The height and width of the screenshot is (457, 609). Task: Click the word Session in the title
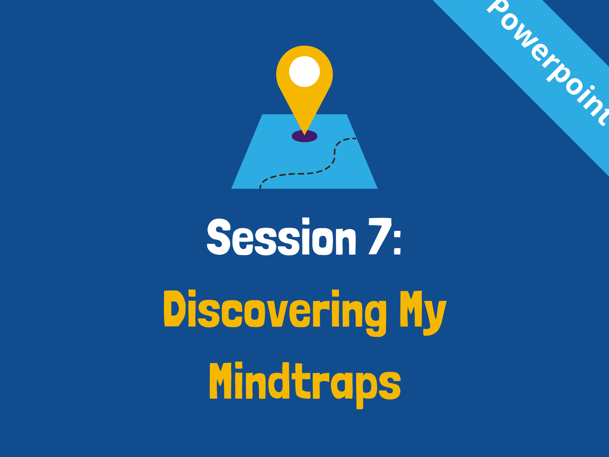coord(281,236)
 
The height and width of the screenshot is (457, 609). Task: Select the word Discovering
coord(275,313)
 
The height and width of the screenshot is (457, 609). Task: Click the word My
coord(423,313)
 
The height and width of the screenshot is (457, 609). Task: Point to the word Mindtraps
coord(305,385)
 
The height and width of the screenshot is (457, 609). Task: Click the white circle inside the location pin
coord(304,71)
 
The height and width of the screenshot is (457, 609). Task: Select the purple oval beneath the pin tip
coord(304,136)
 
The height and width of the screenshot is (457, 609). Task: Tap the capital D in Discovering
coord(174,308)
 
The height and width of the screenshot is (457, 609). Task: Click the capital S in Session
coord(219,236)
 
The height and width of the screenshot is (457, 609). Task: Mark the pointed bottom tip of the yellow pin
coord(304,135)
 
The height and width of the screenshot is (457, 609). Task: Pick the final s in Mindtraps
coord(390,386)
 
